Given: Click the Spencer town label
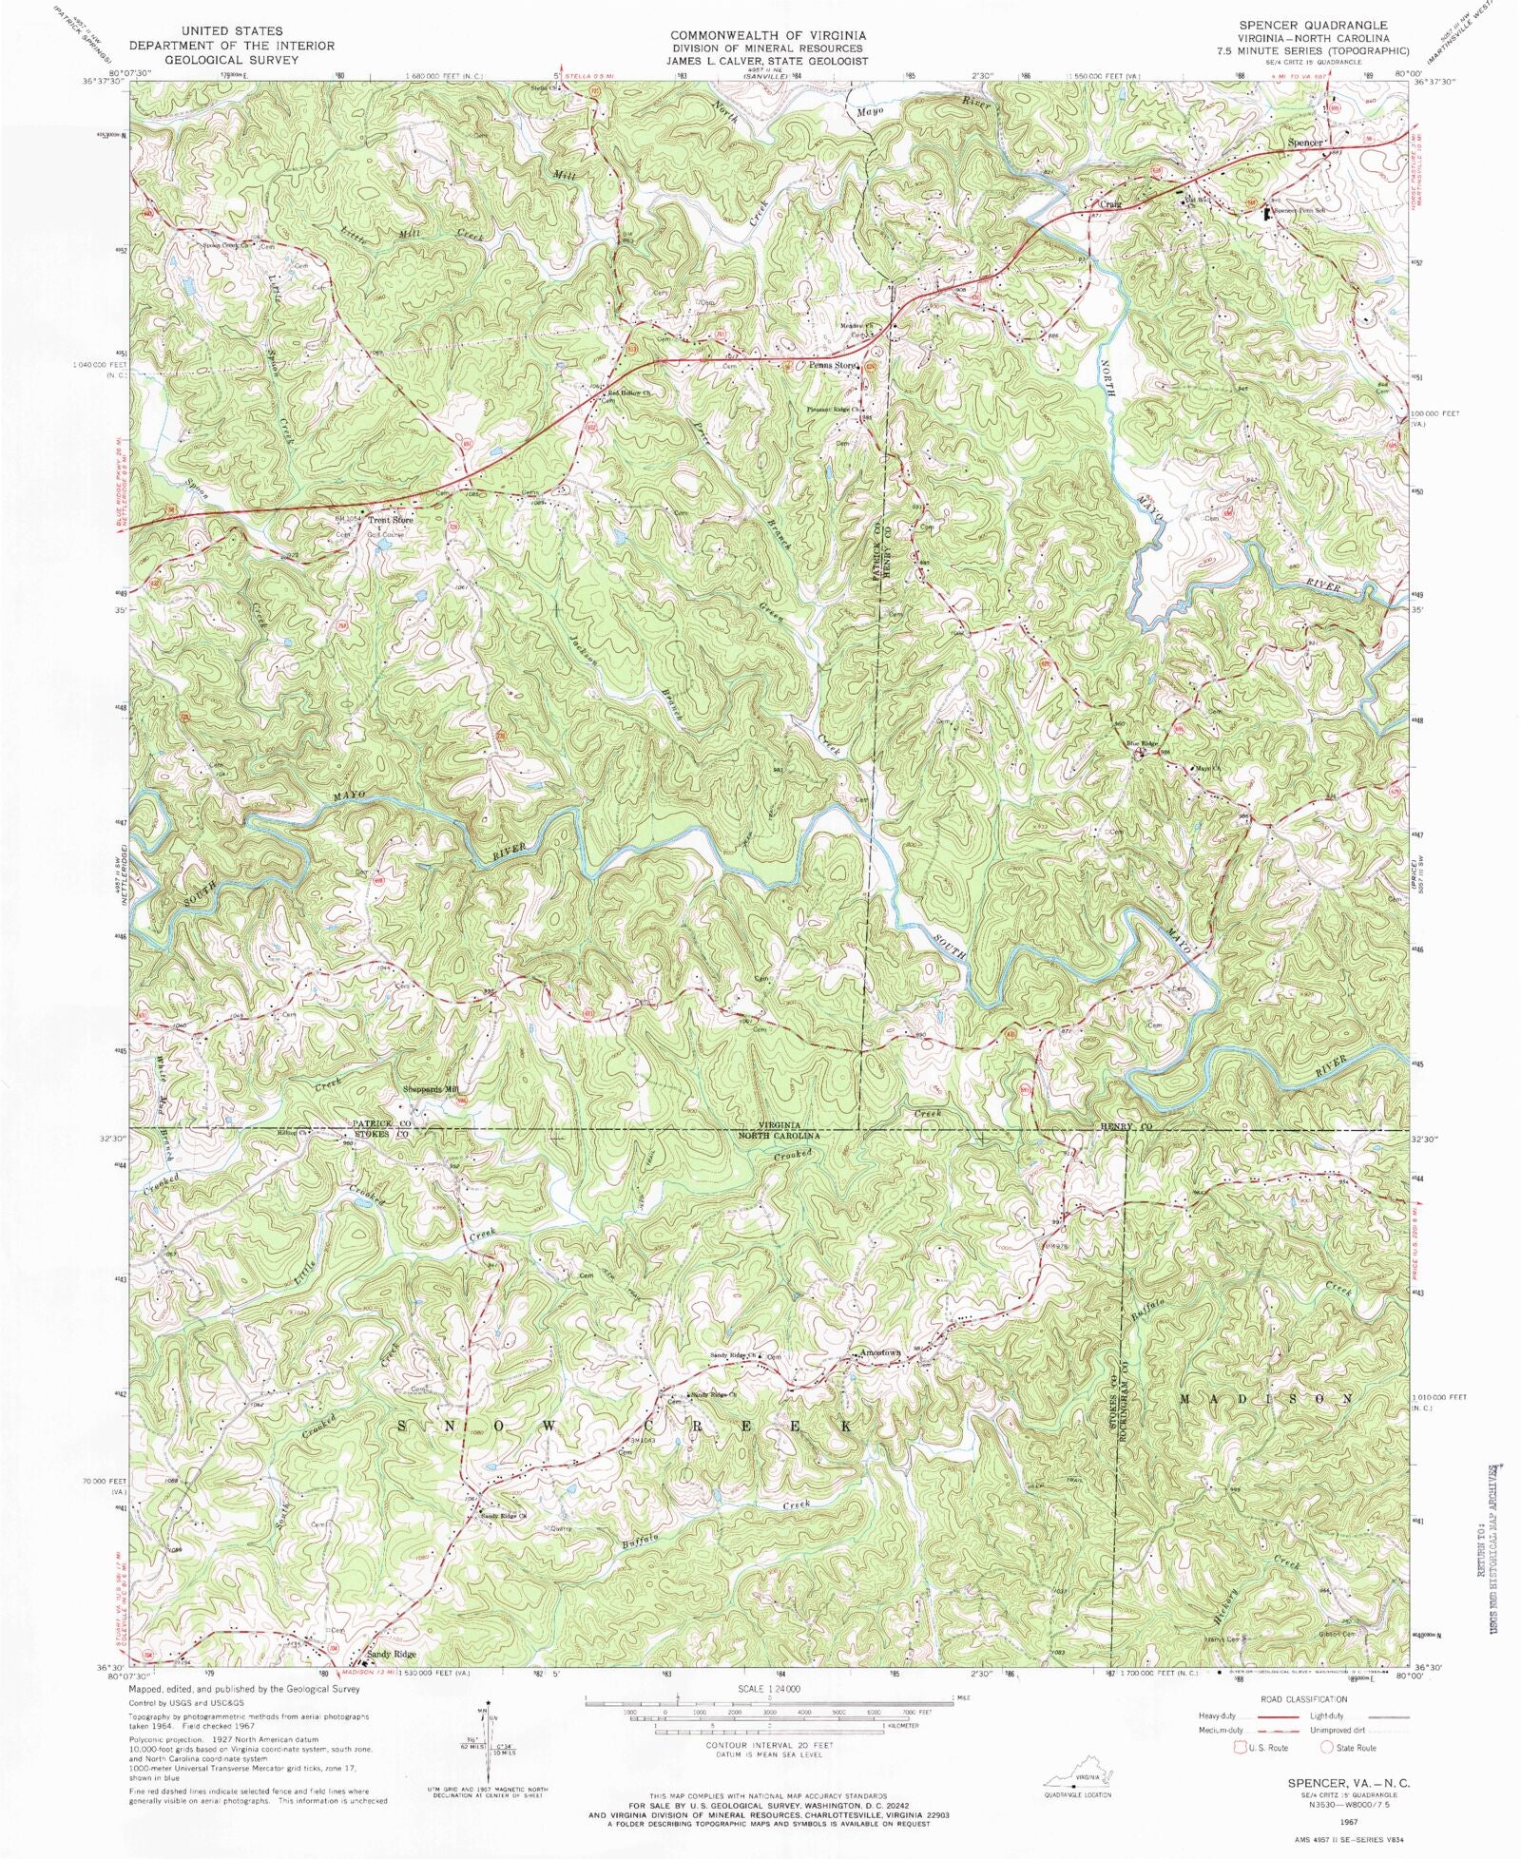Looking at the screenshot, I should click(1304, 143).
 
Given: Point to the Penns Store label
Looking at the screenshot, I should click(833, 365).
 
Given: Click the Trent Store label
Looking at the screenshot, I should click(392, 520).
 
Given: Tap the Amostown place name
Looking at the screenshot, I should click(879, 1352).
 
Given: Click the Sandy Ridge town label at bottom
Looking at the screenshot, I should click(391, 1655).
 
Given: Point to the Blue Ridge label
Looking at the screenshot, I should click(1143, 743).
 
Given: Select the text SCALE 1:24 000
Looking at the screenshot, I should click(768, 1688).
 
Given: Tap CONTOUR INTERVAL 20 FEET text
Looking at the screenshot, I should click(769, 1746).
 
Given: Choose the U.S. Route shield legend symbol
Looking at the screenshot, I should click(1239, 1748).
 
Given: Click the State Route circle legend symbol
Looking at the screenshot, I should click(1327, 1748).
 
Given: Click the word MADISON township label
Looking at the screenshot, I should click(1266, 1400).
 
